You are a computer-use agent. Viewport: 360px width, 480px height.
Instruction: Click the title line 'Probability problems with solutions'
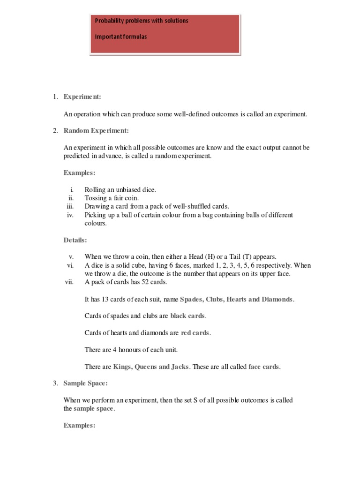142,21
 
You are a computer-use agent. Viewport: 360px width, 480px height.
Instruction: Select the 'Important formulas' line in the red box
121,37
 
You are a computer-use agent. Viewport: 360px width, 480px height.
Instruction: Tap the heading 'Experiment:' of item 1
82,97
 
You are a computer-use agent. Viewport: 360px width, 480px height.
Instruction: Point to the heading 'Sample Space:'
86,383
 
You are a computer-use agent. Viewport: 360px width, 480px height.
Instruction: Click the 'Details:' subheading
75,240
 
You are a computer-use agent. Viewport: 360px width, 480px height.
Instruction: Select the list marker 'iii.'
70,206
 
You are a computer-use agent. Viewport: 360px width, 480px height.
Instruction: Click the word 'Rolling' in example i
95,189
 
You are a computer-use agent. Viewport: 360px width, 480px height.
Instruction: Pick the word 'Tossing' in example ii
96,198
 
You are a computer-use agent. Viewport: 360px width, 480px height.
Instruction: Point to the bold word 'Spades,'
191,299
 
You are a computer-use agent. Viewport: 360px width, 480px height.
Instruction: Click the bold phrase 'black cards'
187,316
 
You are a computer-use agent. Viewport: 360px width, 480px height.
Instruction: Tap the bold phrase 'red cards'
195,333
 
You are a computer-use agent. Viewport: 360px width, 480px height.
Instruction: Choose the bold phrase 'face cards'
264,367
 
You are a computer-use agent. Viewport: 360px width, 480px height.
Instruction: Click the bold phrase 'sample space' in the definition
94,408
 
